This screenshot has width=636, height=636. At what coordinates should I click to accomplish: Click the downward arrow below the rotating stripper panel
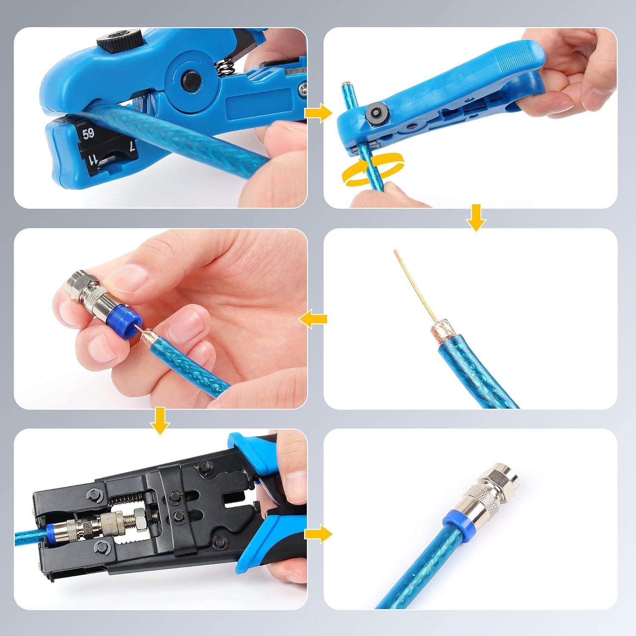[x=476, y=217]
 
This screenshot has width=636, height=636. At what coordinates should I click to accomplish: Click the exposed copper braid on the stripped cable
[x=439, y=332]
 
